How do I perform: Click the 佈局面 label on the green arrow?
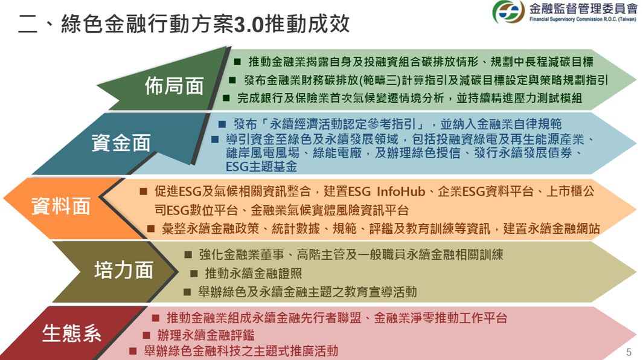174,86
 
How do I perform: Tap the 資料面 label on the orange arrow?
61,206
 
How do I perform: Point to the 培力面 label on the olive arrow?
124,270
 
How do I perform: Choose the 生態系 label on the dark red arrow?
71,333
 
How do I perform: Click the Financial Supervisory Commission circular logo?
508,12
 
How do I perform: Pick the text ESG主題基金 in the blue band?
261,166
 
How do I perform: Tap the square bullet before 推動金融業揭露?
237,62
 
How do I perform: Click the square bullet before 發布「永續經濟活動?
222,124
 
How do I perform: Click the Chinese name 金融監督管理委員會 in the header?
583,8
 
